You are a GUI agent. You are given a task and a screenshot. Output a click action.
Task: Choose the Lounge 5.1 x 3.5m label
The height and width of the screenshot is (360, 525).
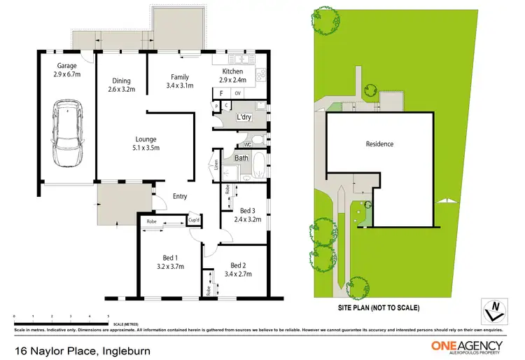pyautogui.click(x=146, y=144)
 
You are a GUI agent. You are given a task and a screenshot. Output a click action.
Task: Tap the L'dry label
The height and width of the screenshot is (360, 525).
pyautogui.click(x=244, y=117)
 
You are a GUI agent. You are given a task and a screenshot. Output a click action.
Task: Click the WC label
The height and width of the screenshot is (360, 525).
pyautogui.click(x=247, y=145)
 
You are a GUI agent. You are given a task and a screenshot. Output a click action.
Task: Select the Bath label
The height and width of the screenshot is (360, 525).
pyautogui.click(x=241, y=158)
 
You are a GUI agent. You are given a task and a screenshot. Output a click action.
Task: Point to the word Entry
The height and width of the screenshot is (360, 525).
pyautogui.click(x=180, y=196)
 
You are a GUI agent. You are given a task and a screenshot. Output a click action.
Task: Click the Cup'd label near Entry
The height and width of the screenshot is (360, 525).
pyautogui.click(x=193, y=222)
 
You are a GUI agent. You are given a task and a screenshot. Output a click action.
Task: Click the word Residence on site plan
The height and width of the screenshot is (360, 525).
pyautogui.click(x=379, y=144)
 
